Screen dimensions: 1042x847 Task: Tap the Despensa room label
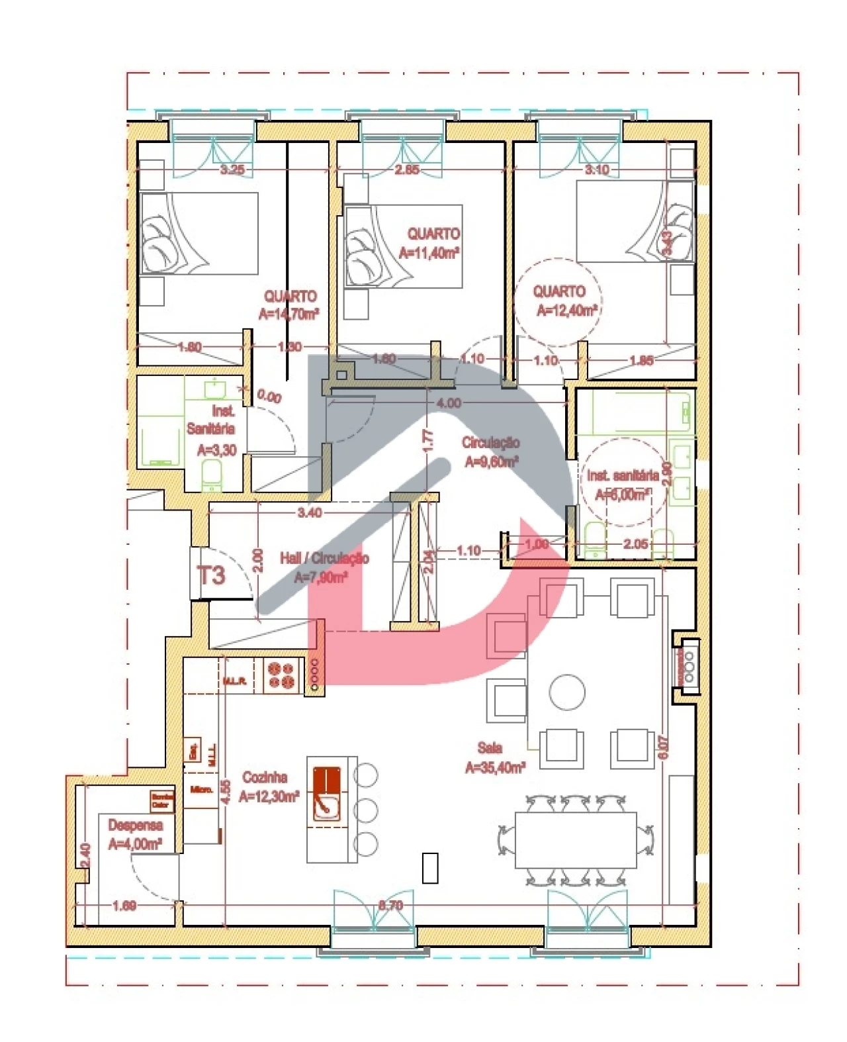pos(135,826)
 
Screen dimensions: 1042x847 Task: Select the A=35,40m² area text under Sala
pos(495,767)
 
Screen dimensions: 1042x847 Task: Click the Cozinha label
pos(265,777)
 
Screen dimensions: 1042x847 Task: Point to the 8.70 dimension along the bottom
pos(390,905)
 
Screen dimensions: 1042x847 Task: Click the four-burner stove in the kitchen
pos(280,675)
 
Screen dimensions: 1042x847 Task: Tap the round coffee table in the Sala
pos(567,692)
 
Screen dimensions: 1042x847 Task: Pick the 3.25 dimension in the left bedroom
pos(232,169)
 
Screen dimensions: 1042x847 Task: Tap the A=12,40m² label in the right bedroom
pos(566,310)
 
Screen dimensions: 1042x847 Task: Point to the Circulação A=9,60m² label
pos(490,452)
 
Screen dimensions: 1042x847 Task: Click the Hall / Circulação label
pos(324,559)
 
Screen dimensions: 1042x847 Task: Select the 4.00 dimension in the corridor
pos(449,403)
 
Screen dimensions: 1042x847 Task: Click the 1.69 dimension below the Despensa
pos(124,905)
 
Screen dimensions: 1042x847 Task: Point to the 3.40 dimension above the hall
pos(310,512)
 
